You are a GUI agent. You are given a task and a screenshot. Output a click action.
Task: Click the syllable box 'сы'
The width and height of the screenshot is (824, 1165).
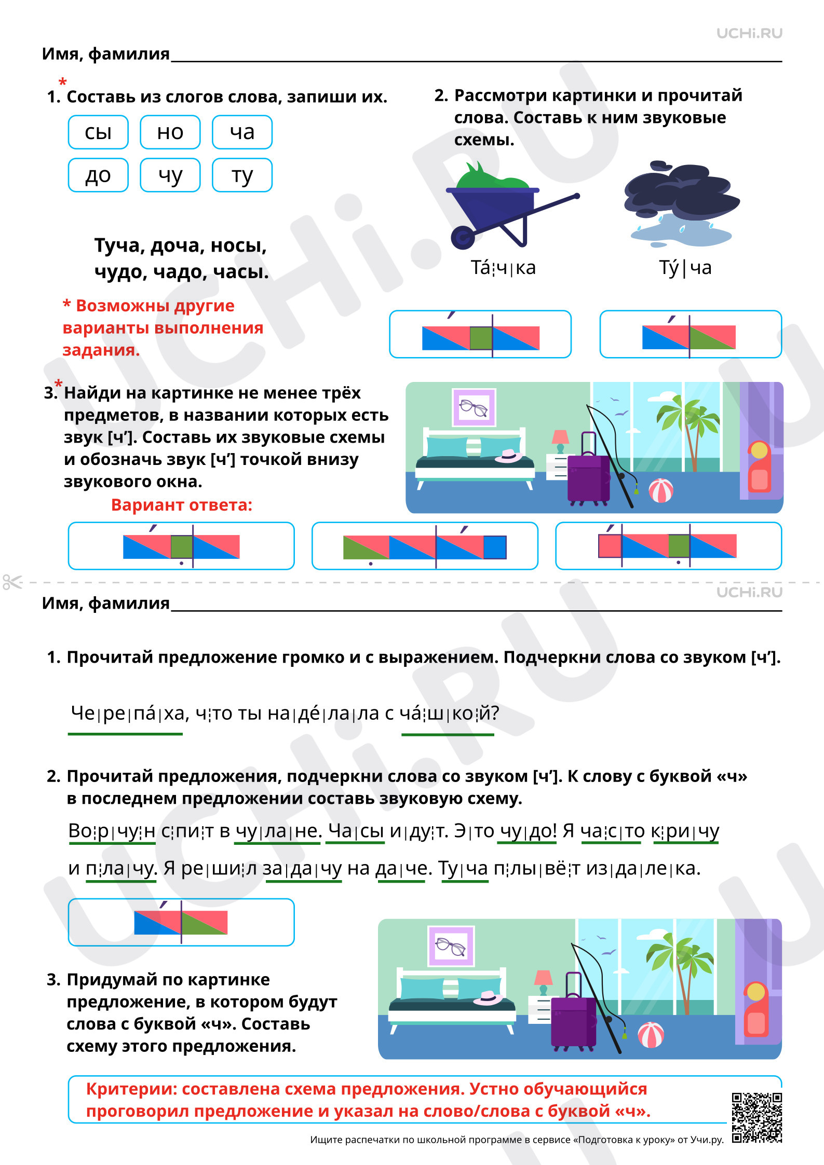click(98, 132)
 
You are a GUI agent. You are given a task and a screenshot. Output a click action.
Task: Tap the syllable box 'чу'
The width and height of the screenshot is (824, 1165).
click(170, 175)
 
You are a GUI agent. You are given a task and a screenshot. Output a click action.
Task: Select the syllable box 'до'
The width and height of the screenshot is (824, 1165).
click(98, 175)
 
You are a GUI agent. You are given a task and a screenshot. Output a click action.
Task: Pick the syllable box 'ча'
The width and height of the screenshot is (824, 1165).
click(242, 132)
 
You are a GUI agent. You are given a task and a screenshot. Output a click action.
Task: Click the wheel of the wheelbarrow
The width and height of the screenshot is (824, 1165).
click(463, 237)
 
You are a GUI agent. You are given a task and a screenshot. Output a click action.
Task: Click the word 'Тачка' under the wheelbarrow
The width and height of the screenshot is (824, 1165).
click(503, 268)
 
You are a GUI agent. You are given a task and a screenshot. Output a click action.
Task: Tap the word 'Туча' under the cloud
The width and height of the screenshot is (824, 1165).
click(685, 268)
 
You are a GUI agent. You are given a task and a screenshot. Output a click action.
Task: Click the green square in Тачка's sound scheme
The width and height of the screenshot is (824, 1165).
click(481, 338)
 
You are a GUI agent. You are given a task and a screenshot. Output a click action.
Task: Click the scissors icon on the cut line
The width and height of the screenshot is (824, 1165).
click(12, 582)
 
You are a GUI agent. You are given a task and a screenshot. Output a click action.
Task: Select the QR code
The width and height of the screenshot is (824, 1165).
click(757, 1117)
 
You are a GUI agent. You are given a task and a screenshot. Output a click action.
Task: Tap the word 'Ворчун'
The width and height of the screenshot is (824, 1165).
click(112, 831)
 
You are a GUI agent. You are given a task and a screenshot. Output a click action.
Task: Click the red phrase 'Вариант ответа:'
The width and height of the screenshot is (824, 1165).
click(182, 505)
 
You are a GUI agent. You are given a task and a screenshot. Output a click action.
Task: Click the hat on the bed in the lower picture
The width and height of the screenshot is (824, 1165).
click(489, 998)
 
